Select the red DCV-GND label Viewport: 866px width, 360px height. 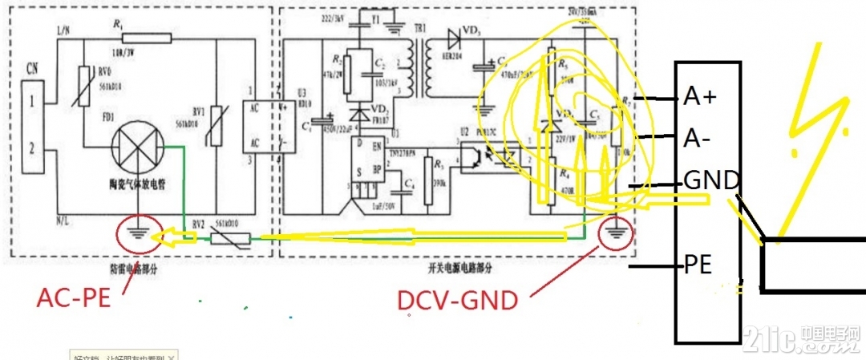coord(457,301)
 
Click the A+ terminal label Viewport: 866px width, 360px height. coord(700,98)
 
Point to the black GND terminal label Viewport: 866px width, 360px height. coord(710,181)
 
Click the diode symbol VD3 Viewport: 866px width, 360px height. coord(455,35)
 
